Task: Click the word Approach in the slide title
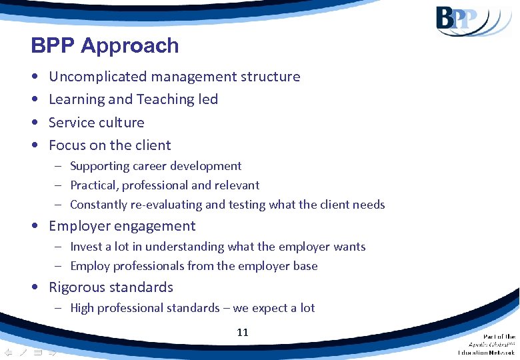click(x=130, y=46)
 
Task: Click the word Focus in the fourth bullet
click(x=67, y=145)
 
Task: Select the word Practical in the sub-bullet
click(x=93, y=185)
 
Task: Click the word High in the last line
click(x=82, y=308)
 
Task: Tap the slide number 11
click(x=243, y=332)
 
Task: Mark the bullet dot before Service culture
click(x=34, y=123)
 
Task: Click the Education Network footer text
click(x=486, y=352)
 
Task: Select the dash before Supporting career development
click(x=59, y=166)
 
